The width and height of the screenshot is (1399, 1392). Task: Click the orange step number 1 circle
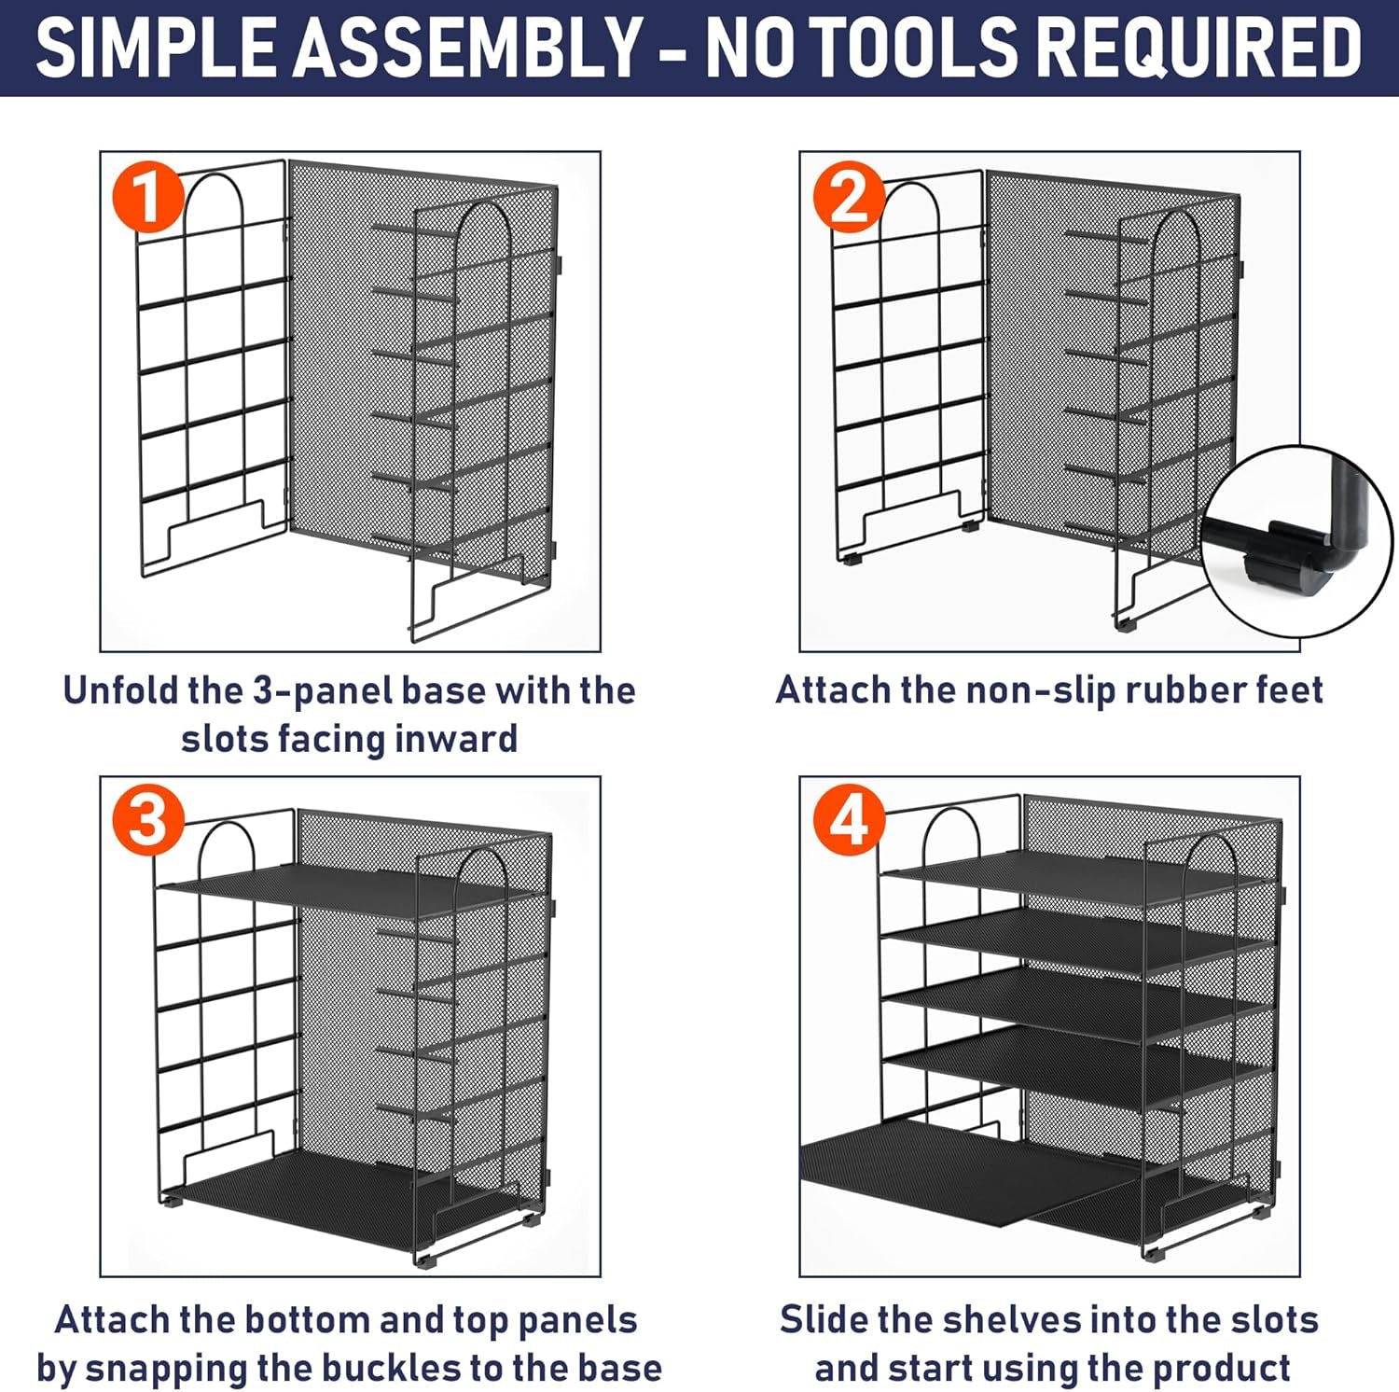[148, 197]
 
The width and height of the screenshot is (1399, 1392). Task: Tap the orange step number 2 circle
[849, 197]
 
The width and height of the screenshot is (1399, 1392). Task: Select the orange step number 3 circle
[148, 821]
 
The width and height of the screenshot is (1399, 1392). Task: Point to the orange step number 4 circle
[849, 821]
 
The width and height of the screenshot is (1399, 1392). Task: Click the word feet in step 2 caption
[1290, 690]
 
